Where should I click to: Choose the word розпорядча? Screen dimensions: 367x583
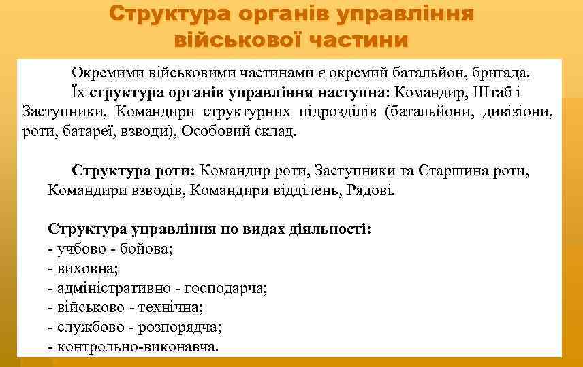(180, 327)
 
